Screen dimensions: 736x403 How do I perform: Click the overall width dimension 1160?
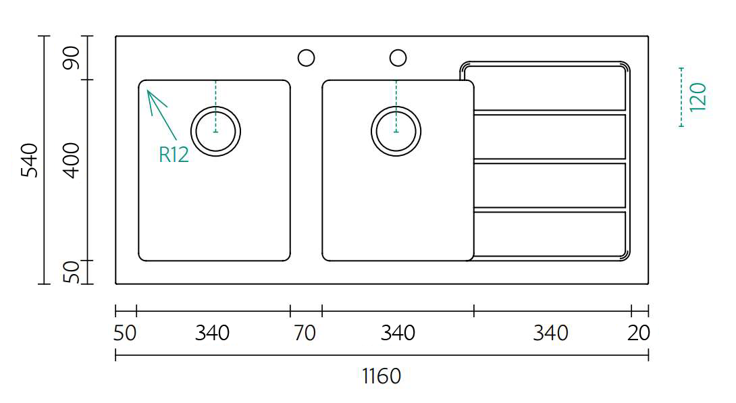(x=381, y=376)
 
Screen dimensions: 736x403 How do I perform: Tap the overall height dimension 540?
(x=30, y=160)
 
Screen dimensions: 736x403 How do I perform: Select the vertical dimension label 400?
(x=72, y=161)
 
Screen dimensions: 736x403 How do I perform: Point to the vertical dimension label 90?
(x=72, y=57)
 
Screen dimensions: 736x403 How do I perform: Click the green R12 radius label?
(x=174, y=155)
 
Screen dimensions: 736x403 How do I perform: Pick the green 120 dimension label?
(x=698, y=97)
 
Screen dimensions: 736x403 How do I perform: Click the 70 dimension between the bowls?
(x=305, y=333)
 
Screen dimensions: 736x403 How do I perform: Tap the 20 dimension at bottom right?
(x=638, y=333)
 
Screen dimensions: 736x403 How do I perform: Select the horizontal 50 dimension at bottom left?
(x=125, y=333)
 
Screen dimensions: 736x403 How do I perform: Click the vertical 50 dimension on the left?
(x=72, y=272)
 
